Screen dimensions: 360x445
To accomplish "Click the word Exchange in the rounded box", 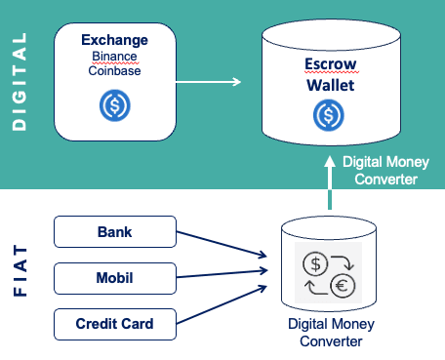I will coord(115,41).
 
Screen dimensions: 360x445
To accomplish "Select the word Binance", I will coord(115,57).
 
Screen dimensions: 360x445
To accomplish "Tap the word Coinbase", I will coord(115,71).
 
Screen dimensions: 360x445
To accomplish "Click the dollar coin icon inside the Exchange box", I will coord(115,104).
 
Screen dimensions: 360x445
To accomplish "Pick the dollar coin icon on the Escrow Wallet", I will coord(328,116).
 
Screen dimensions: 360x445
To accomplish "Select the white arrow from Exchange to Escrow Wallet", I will coord(209,82).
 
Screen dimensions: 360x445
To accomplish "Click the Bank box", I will coord(114,233).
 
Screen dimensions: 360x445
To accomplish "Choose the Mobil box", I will coord(114,278).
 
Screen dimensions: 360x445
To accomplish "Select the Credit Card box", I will coord(114,323).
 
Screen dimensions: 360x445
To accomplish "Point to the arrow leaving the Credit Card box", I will coord(222,305).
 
